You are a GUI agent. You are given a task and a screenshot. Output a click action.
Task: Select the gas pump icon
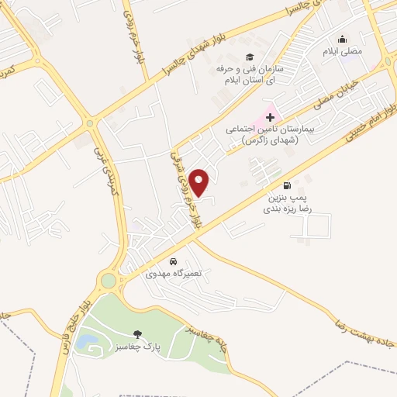pyautogui.click(x=288, y=185)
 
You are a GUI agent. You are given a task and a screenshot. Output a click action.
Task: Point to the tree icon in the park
pyautogui.click(x=136, y=334)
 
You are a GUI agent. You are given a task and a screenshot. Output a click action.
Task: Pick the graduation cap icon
pyautogui.click(x=250, y=57)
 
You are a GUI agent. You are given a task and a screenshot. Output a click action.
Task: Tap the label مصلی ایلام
pyautogui.click(x=342, y=51)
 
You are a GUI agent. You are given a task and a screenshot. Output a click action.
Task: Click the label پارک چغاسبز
pyautogui.click(x=136, y=347)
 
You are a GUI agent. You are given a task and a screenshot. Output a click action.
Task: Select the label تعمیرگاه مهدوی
pyautogui.click(x=174, y=274)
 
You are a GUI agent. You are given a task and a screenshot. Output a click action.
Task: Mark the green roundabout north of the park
pyautogui.click(x=108, y=280)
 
